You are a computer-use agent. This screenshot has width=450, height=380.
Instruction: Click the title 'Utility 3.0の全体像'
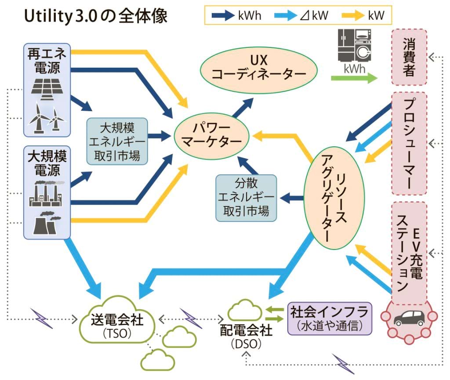pyautogui.click(x=94, y=17)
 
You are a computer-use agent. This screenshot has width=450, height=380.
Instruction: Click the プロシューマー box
pyautogui.click(x=409, y=143)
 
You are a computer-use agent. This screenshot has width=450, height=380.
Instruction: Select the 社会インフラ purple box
pyautogui.click(x=329, y=318)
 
